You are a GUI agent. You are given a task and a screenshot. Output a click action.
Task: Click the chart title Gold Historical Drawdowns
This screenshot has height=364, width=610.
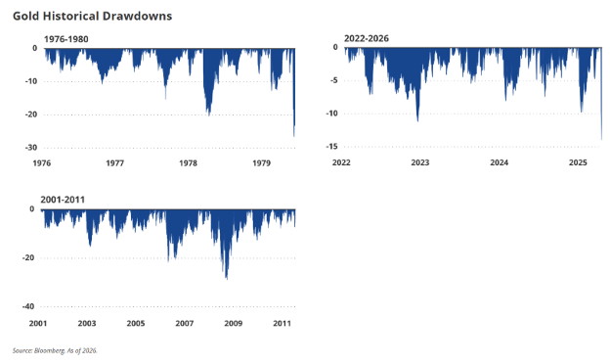[92, 16]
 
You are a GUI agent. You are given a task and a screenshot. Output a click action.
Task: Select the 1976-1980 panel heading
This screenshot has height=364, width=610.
[66, 39]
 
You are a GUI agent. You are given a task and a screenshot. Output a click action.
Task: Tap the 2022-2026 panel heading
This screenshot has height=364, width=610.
[367, 38]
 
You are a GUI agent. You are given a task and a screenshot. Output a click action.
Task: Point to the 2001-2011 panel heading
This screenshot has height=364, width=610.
[63, 200]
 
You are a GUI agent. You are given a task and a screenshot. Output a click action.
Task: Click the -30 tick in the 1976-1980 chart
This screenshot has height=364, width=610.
[31, 148]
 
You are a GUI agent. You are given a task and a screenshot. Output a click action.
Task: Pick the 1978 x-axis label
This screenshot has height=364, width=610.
[189, 163]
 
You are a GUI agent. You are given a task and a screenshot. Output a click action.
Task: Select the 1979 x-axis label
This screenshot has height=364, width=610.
[261, 163]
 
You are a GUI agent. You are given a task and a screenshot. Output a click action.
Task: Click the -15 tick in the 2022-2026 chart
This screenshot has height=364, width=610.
[331, 147]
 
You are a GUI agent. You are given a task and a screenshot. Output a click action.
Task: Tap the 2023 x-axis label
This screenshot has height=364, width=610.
[420, 162]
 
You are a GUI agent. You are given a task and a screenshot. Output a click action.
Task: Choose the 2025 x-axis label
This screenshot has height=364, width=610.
[578, 162]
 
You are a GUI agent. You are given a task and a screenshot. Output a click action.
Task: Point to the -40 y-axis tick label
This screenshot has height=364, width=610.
[28, 306]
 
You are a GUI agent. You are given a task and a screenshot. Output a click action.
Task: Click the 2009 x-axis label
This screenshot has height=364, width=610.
[234, 323]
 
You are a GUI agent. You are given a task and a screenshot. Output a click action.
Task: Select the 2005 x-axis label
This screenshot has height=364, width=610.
[136, 323]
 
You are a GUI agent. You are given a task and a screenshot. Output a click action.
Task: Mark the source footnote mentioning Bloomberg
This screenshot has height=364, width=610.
[55, 350]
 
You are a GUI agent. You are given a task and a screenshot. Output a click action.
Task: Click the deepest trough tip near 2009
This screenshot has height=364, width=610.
[227, 279]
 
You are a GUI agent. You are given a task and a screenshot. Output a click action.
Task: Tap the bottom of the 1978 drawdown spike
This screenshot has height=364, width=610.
[209, 115]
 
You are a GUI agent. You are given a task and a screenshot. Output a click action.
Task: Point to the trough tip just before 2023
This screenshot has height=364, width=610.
[417, 121]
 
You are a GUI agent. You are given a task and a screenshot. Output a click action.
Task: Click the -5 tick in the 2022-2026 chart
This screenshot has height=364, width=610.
[333, 80]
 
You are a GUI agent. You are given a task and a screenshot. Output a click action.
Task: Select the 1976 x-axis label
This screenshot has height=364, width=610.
[42, 163]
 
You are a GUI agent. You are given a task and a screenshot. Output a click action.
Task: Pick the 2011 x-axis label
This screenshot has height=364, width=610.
[283, 323]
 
